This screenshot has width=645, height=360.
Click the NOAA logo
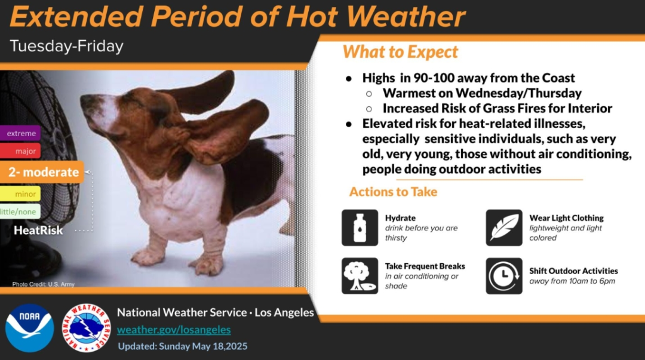(x=30, y=328)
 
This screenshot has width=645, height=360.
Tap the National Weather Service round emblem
(x=87, y=328)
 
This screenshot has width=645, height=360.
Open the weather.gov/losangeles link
(x=174, y=330)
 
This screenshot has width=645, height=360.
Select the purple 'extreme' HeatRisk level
(x=20, y=133)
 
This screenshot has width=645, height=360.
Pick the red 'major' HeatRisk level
(x=20, y=151)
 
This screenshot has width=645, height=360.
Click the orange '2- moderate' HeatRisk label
(x=42, y=172)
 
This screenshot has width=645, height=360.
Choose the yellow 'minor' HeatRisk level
(x=20, y=194)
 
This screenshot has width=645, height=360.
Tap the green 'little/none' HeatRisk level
(x=20, y=211)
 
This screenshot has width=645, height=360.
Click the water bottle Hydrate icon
(x=360, y=227)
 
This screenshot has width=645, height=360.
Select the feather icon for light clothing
(x=504, y=227)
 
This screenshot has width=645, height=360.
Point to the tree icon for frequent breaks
(x=360, y=276)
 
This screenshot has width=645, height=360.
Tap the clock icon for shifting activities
(x=504, y=276)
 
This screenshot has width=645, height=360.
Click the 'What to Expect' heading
(x=400, y=53)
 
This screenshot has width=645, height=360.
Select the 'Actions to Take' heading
(x=393, y=192)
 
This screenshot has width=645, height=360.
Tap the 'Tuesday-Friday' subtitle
(x=67, y=46)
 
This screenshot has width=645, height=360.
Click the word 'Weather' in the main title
(x=406, y=17)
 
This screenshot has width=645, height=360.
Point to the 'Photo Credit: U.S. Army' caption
(x=43, y=284)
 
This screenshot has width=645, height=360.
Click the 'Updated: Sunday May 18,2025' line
(x=183, y=346)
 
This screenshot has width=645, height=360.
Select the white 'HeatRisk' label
(x=38, y=230)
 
